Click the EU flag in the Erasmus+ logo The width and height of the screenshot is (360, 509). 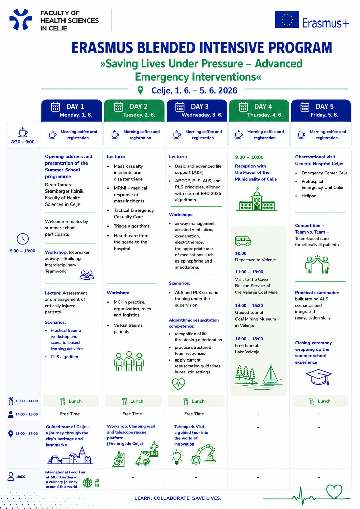click(287, 19)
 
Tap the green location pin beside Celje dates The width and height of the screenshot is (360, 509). click(140, 90)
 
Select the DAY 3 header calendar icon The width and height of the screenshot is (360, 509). click(180, 107)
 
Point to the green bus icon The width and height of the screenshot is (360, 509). click(243, 241)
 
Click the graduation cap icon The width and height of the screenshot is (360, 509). click(319, 377)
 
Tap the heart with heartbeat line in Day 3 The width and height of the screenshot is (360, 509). click(178, 384)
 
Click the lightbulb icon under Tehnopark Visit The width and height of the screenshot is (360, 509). click(177, 458)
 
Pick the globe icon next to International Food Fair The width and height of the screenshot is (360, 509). click(87, 483)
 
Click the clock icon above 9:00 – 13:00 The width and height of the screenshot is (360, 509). click(23, 239)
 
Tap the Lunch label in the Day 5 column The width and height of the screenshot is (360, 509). click(324, 401)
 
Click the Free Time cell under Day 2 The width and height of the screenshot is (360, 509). click(132, 414)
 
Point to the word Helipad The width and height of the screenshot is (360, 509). click(309, 196)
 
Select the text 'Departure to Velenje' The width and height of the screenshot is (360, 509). click(255, 260)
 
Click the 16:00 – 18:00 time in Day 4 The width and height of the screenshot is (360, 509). click(249, 339)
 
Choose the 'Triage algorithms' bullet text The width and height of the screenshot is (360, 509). click(132, 226)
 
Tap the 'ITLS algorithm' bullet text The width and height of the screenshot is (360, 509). click(64, 357)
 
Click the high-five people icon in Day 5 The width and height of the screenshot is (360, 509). click(317, 265)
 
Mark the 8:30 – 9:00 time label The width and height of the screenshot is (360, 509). click(23, 142)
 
